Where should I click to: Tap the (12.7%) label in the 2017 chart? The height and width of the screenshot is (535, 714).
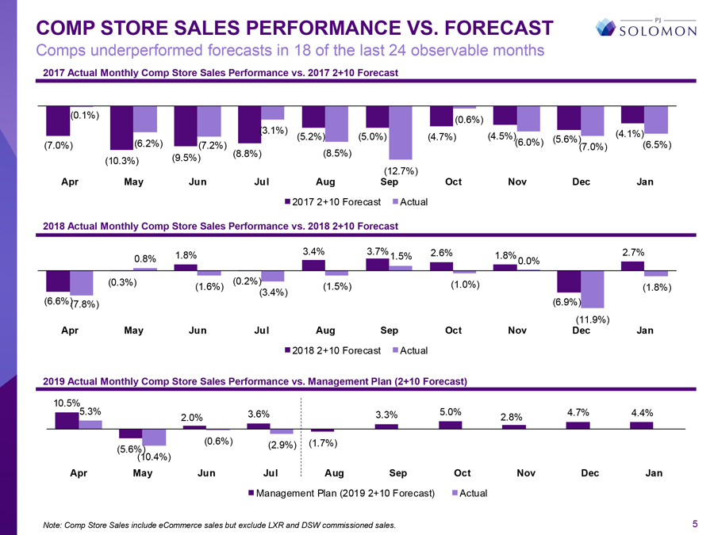[401, 171]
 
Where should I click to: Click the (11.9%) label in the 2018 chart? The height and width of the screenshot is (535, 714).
[592, 319]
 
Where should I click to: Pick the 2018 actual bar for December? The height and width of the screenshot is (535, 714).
[592, 289]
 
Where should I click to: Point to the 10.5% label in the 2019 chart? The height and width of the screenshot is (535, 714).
[67, 403]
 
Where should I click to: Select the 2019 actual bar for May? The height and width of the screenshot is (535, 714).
[154, 437]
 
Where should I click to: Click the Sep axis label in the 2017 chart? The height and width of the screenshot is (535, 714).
[390, 182]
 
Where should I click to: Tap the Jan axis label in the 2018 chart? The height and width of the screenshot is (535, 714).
[645, 331]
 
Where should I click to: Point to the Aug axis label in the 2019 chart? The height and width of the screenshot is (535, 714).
[335, 474]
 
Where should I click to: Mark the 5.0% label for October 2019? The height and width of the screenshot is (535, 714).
[451, 411]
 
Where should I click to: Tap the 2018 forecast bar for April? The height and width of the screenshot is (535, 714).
[58, 281]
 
